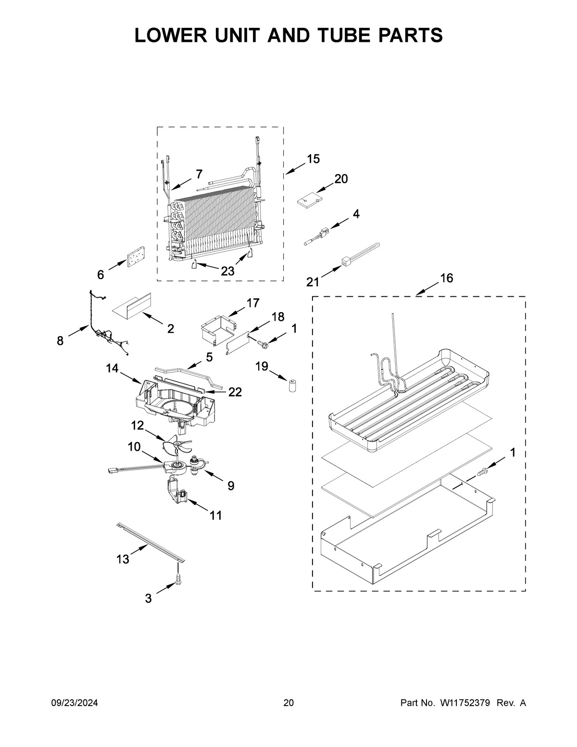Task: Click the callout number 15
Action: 313,159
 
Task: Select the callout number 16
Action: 446,279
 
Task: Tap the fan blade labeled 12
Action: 177,445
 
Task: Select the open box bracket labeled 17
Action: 217,329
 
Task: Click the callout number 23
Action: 227,271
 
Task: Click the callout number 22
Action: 235,392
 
